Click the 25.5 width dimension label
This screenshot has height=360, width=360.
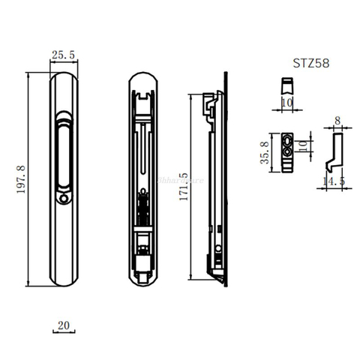click(x=62, y=54)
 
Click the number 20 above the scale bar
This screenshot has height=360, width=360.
click(x=63, y=325)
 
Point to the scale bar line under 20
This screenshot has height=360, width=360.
click(x=63, y=332)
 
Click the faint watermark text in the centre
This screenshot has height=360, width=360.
click(x=181, y=180)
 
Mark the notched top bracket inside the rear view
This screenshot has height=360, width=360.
click(x=142, y=94)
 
